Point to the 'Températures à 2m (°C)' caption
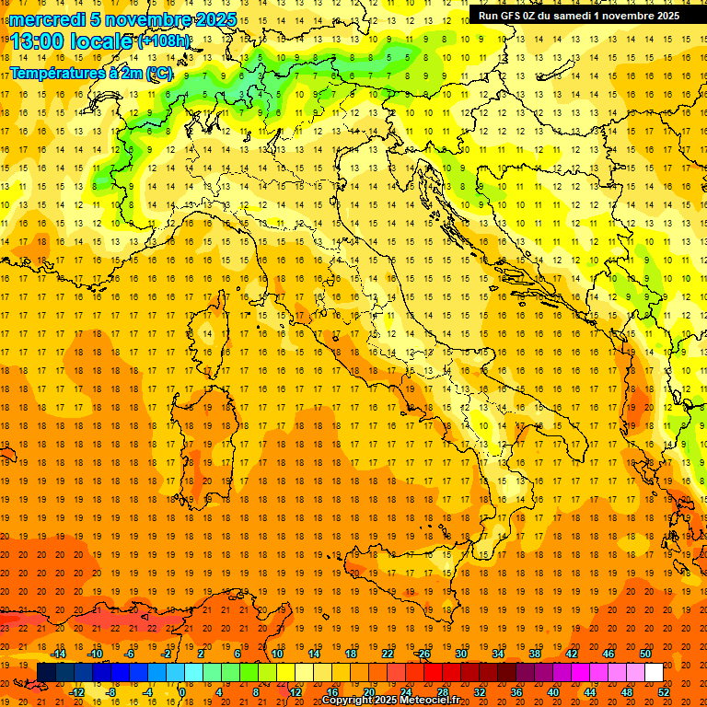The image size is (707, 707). (90, 73)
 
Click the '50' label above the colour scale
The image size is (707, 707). (644, 654)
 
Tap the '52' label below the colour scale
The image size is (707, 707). (664, 692)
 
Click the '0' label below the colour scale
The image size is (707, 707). (184, 692)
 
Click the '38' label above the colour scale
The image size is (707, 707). (535, 654)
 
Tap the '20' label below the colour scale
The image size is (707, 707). (369, 692)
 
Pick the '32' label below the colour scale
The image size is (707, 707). (480, 692)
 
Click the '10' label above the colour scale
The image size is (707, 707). (277, 654)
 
